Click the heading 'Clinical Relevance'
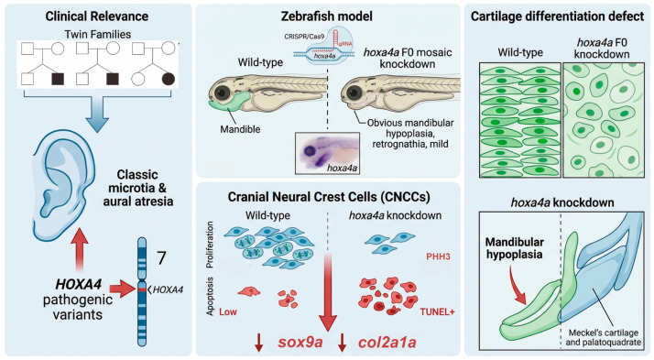[x=97, y=16]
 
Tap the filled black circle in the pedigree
[x=169, y=79]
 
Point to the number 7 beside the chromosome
[x=161, y=257]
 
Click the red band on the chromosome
[x=142, y=289]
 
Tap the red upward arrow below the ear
[x=80, y=250]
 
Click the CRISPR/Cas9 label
[x=304, y=37]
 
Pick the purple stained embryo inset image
[x=327, y=153]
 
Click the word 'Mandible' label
[x=240, y=129]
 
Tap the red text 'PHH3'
[x=438, y=256]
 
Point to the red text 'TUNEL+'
[x=437, y=311]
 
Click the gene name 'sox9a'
[x=300, y=343]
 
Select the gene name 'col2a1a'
[x=387, y=343]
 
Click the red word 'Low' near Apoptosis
[x=228, y=311]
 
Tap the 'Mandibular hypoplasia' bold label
[x=514, y=248]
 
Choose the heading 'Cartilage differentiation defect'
[x=557, y=16]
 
